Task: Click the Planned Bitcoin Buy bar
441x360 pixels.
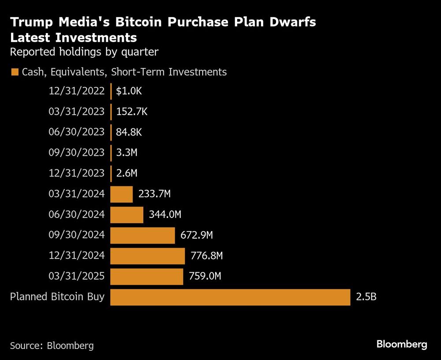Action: click(230, 297)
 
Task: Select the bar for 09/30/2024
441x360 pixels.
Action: click(142, 236)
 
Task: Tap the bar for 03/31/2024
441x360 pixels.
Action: click(121, 194)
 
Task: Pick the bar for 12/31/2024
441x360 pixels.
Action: click(147, 256)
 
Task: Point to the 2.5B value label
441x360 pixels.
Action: click(366, 297)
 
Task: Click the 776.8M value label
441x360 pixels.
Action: click(206, 256)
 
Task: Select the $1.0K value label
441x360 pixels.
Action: click(129, 91)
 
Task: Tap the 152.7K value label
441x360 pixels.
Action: click(131, 112)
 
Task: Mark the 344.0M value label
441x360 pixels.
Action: click(165, 215)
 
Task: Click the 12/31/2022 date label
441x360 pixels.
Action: click(76, 91)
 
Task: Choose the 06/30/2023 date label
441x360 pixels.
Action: click(76, 132)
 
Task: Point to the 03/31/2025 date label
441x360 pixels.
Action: click(76, 277)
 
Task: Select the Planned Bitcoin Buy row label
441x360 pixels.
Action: click(57, 297)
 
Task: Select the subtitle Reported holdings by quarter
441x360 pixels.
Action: click(84, 52)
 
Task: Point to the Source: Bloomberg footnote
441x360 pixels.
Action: click(52, 345)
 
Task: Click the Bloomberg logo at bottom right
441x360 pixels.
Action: click(402, 344)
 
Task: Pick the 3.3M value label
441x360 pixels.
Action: click(127, 153)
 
